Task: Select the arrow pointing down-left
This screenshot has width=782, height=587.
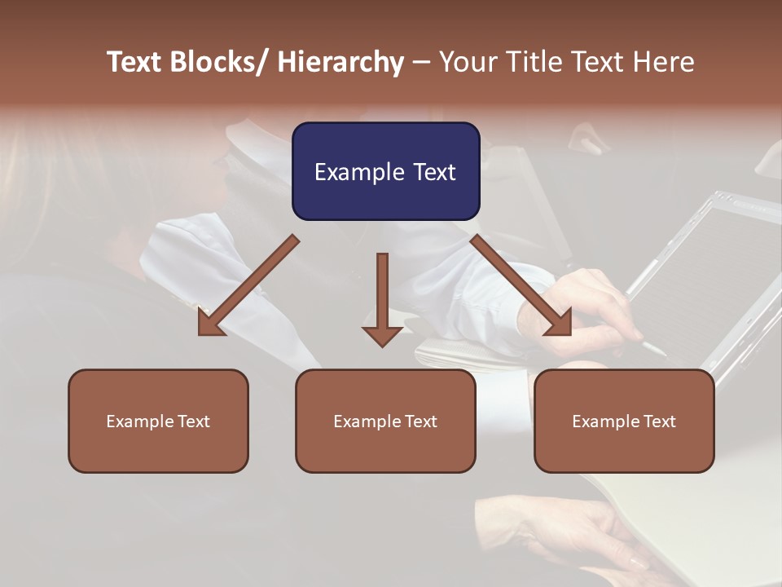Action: (247, 286)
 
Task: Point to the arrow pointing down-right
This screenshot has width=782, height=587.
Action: (522, 286)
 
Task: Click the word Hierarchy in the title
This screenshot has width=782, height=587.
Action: (340, 62)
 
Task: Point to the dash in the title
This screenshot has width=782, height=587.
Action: (421, 62)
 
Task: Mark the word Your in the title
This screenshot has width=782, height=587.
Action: (467, 62)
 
